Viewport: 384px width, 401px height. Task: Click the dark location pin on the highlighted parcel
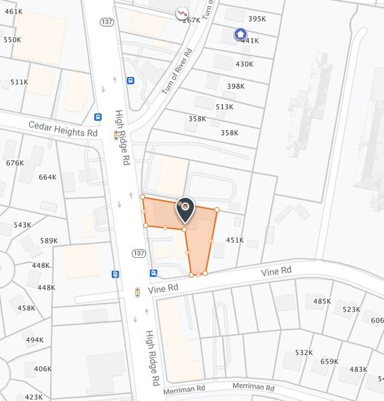click(185, 209)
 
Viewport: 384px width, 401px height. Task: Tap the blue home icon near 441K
click(240, 33)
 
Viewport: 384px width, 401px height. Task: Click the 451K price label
click(235, 240)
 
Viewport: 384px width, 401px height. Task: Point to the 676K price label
click(14, 163)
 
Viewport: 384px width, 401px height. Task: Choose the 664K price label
click(48, 177)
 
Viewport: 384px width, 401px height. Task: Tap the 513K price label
click(224, 107)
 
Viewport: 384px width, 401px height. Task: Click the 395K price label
click(257, 19)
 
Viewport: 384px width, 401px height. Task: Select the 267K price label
click(192, 20)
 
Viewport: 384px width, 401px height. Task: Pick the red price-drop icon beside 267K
click(181, 12)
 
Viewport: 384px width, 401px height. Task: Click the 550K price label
click(12, 40)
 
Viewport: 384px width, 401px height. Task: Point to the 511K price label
click(19, 83)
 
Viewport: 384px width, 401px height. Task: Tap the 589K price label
click(49, 241)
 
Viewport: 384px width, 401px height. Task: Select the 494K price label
click(34, 340)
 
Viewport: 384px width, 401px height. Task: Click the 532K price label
click(304, 353)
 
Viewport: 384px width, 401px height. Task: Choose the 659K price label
click(329, 361)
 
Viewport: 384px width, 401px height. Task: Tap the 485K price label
click(322, 301)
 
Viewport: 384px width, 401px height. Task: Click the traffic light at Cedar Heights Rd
click(115, 135)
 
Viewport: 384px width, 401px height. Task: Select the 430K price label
click(244, 64)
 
